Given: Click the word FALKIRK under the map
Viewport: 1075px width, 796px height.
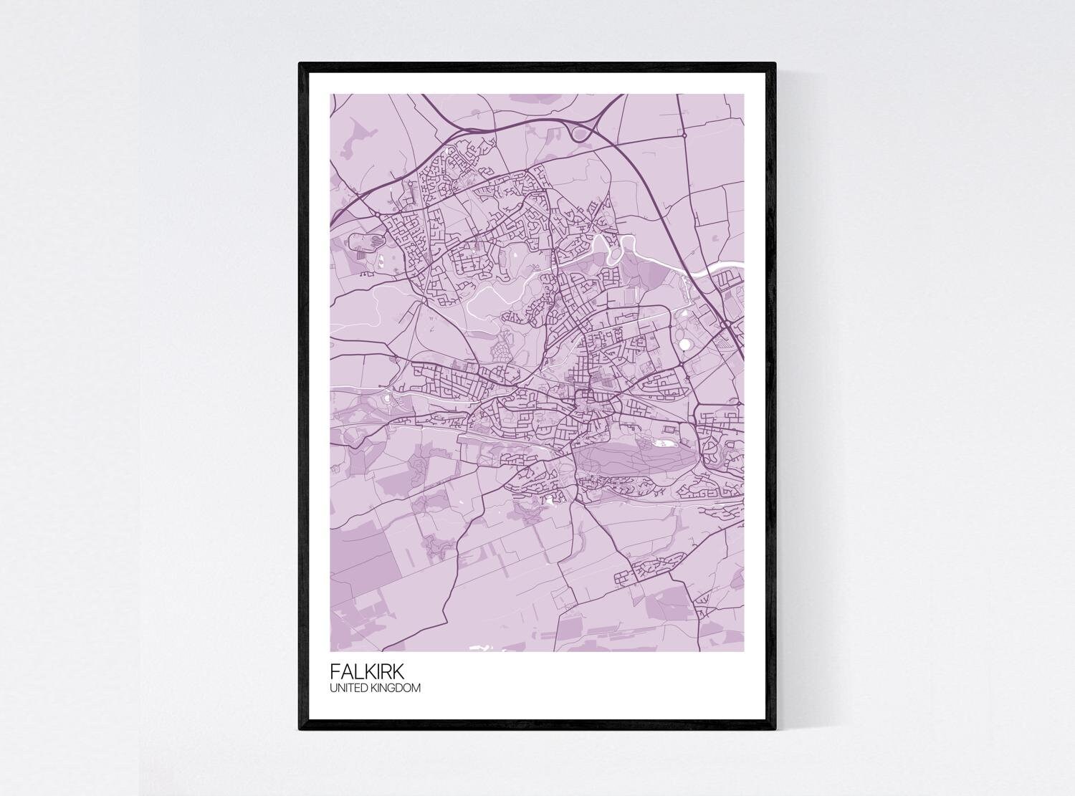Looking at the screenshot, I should [x=367, y=672].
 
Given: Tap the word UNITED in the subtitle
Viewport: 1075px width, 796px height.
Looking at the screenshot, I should [x=346, y=689].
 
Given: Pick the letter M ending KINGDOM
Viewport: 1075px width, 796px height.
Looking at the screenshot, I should [x=416, y=689].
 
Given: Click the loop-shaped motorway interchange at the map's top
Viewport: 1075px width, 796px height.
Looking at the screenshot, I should [x=580, y=132].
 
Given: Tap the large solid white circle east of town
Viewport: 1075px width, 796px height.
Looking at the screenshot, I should [x=686, y=345].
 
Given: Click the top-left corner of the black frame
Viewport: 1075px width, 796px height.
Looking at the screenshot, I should [x=300, y=64].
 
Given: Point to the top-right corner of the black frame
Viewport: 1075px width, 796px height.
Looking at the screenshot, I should [x=774, y=64].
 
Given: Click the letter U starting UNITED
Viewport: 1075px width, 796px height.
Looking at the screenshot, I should [x=333, y=689].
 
